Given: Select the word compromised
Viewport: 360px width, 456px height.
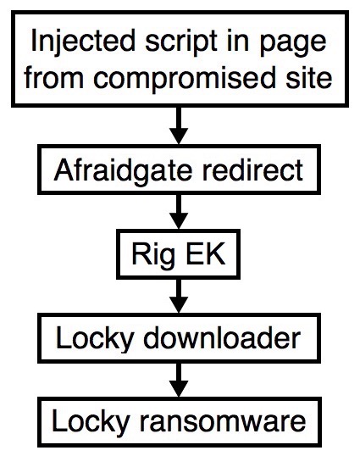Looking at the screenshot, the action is [184, 78].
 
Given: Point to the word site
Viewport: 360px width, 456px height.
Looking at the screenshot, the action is [309, 77].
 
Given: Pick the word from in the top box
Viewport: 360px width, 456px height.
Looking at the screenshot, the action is [54, 77].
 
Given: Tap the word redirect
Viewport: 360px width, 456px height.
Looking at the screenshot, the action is [252, 170].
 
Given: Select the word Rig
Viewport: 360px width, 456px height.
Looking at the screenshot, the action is [153, 255].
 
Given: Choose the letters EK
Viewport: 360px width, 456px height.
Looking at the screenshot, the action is [205, 253].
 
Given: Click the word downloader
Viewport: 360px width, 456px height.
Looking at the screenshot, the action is [222, 337].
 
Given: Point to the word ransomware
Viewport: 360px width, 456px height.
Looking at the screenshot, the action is [223, 423].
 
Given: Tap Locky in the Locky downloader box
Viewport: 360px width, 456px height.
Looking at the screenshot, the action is [94, 340].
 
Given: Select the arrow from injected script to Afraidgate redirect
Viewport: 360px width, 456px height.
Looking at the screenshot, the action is [179, 125].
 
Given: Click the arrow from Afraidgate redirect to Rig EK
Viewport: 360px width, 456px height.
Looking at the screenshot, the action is [179, 212].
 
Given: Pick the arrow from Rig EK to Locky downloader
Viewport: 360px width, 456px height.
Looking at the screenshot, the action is [179, 296].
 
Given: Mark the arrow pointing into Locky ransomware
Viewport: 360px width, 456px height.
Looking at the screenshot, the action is [179, 380].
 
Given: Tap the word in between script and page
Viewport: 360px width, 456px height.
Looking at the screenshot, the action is [238, 42].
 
